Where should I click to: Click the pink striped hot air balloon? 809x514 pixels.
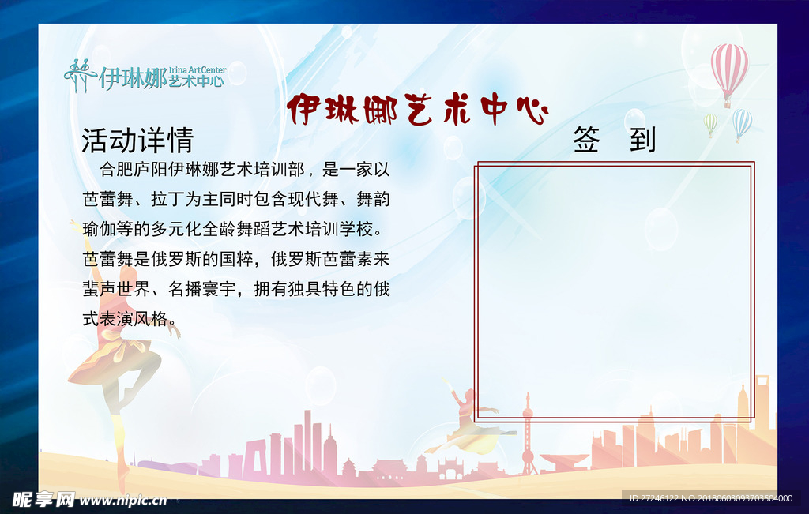(x=728, y=69)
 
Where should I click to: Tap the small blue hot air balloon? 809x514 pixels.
(x=742, y=122)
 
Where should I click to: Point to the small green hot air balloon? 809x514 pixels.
(x=711, y=122)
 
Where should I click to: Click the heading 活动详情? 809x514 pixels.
(x=137, y=141)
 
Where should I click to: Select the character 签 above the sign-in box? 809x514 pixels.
(x=586, y=140)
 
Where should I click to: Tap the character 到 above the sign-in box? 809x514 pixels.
(x=643, y=140)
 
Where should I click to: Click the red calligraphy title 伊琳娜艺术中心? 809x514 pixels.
(x=417, y=110)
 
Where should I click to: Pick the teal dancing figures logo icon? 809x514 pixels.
(x=80, y=75)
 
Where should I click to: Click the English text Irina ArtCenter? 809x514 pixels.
(x=198, y=70)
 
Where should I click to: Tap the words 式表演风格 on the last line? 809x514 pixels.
(x=125, y=318)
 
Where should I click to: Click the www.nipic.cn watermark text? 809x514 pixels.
(x=122, y=500)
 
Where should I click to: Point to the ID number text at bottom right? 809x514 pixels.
(x=710, y=498)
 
